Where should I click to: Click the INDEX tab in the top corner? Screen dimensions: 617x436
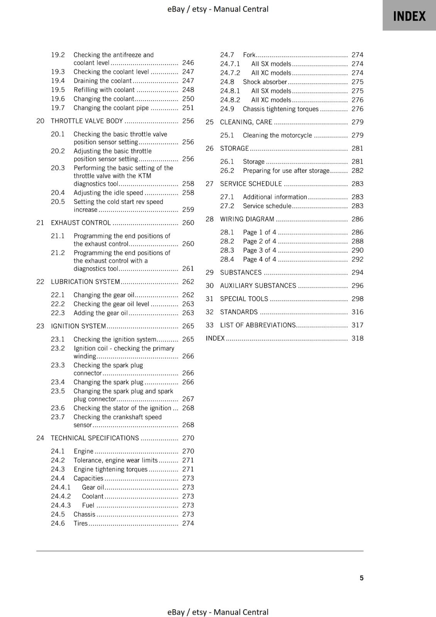409,16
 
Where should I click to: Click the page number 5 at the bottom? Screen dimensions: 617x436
362,578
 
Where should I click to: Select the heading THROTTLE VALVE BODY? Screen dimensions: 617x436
87,121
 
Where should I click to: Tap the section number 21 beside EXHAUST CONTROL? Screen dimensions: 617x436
40,223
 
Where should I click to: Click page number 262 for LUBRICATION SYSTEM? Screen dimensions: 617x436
188,282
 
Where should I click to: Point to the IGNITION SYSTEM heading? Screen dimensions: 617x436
78,326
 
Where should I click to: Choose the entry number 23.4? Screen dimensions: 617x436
58,382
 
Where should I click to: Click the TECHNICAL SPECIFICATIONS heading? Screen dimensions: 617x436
95,438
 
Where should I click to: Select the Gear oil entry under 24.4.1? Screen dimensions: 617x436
93,487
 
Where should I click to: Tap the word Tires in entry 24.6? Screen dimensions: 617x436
81,523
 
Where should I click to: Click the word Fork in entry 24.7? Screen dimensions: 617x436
249,55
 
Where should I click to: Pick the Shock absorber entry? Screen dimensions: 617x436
265,82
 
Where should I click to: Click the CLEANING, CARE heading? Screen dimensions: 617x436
246,122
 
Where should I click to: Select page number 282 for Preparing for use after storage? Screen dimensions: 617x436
357,170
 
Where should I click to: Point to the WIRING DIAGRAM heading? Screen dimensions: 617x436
247,219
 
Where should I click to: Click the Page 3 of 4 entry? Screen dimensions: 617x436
259,250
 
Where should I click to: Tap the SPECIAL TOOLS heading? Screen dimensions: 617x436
244,299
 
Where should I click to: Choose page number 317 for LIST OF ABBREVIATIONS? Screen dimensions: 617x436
357,325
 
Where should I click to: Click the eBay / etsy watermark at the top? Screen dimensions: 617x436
218,9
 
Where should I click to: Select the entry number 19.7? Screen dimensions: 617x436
58,108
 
